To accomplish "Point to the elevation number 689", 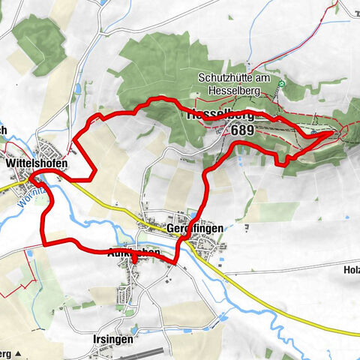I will tap(243, 130).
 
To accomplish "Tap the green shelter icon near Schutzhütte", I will tap(281, 84).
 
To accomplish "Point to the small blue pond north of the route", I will tap(77, 90).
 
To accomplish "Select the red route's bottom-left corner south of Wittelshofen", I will tap(46, 242).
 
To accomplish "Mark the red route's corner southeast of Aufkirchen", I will tap(175, 262).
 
